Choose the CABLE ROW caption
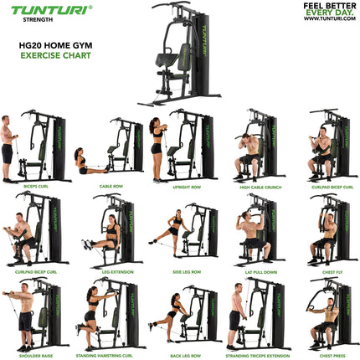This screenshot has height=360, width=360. click(111, 187)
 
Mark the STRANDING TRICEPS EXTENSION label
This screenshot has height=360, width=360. click(257, 354)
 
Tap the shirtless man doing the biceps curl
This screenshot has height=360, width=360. click(8, 147)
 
